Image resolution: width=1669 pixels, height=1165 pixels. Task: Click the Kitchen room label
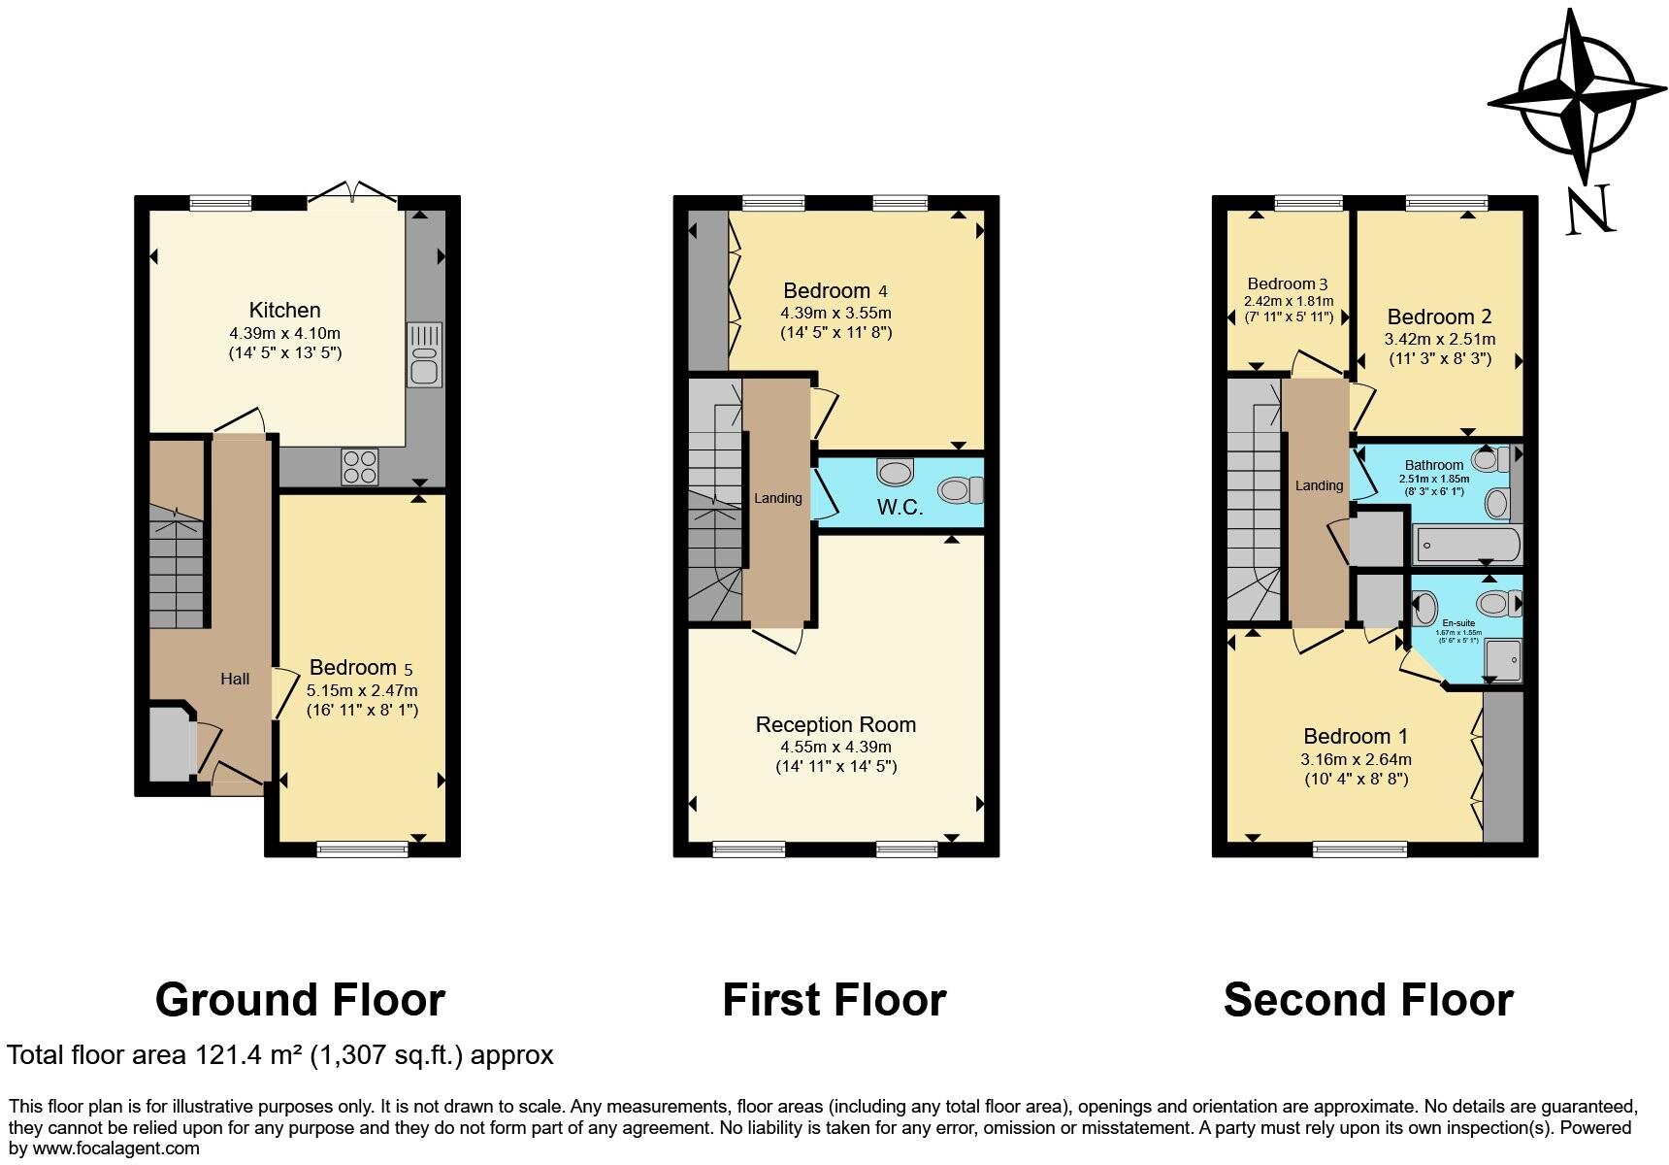pyautogui.click(x=284, y=311)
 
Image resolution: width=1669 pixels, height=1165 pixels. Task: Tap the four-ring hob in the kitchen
pyautogui.click(x=360, y=467)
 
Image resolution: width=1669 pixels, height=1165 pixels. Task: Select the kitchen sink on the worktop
pyautogui.click(x=424, y=354)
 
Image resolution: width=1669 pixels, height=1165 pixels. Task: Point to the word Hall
pyautogui.click(x=235, y=680)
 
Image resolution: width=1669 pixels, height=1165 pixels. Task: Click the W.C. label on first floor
pyautogui.click(x=900, y=508)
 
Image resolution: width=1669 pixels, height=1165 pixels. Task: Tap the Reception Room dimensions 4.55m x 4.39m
pyautogui.click(x=835, y=748)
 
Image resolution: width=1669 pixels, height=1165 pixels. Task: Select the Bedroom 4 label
pyautogui.click(x=835, y=291)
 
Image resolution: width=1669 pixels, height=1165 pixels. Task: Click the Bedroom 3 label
pyautogui.click(x=1288, y=284)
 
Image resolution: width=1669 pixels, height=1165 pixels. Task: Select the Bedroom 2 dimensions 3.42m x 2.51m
pyautogui.click(x=1440, y=340)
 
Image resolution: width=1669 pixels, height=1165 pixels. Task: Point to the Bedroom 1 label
pyautogui.click(x=1356, y=737)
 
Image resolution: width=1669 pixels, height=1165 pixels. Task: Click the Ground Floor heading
pyautogui.click(x=300, y=1000)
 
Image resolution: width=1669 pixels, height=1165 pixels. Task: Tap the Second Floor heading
pyautogui.click(x=1368, y=1000)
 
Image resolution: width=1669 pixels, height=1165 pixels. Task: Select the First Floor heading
pyautogui.click(x=834, y=1000)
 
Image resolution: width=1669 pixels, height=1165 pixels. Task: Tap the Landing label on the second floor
pyautogui.click(x=1319, y=485)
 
